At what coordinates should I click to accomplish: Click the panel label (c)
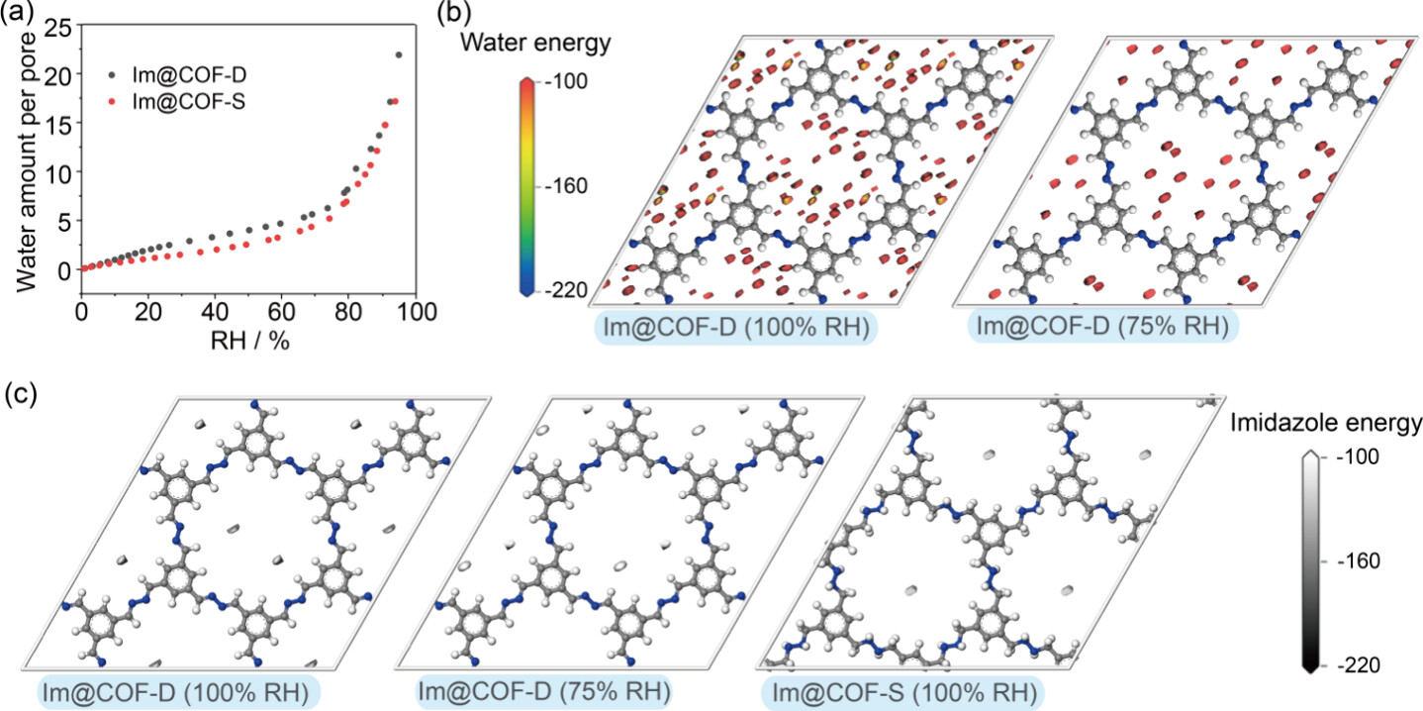click(21, 393)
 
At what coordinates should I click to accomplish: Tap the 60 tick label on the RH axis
click(282, 312)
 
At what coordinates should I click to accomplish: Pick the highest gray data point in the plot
click(399, 55)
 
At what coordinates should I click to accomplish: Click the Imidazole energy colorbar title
click(1327, 424)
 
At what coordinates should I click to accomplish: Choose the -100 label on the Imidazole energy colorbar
click(1353, 458)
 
